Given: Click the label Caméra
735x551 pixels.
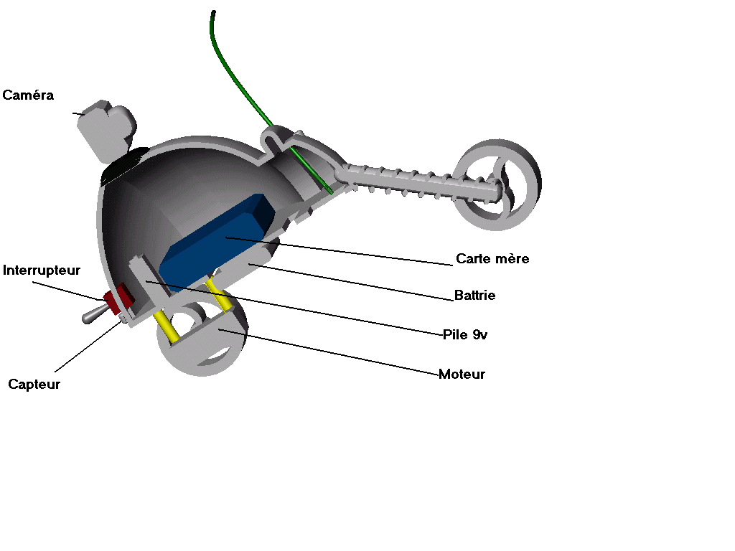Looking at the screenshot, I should pyautogui.click(x=29, y=95).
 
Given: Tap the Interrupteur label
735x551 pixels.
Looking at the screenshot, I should pyautogui.click(x=42, y=270).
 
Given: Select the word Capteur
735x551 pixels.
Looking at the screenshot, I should pyautogui.click(x=34, y=385).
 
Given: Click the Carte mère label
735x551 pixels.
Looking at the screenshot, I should pyautogui.click(x=492, y=259).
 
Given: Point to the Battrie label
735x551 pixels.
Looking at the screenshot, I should pyautogui.click(x=474, y=296).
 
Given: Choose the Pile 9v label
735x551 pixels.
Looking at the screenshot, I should pyautogui.click(x=465, y=334).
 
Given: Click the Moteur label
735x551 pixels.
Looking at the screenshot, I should pyautogui.click(x=462, y=375).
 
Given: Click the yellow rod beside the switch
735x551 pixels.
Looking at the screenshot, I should pyautogui.click(x=167, y=326).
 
